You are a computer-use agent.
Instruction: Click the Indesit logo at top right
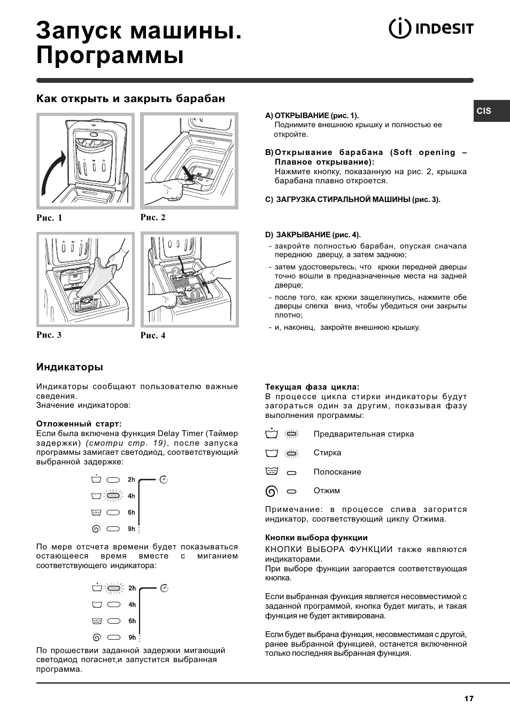click(x=431, y=28)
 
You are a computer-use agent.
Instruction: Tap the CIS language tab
click(x=485, y=111)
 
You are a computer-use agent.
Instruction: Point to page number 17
click(x=469, y=698)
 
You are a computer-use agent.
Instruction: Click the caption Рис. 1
click(x=49, y=218)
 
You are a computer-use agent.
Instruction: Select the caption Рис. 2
click(x=153, y=217)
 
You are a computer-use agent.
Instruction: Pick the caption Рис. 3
click(x=49, y=335)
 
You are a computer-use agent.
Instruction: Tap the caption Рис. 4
click(x=153, y=336)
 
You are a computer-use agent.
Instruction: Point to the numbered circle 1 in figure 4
click(x=194, y=294)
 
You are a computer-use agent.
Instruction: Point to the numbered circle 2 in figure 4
click(x=175, y=271)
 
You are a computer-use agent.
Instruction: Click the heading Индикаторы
click(x=69, y=367)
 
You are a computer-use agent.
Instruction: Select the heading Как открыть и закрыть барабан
click(x=130, y=99)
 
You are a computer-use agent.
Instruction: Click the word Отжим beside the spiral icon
click(x=327, y=491)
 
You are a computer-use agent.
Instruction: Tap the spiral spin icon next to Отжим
click(x=272, y=491)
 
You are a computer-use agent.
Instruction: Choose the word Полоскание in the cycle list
click(x=337, y=472)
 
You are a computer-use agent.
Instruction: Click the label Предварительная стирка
click(x=364, y=434)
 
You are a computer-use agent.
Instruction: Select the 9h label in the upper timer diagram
click(x=132, y=529)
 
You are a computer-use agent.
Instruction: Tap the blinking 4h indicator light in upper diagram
click(x=113, y=496)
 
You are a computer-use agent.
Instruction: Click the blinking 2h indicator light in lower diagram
click(x=113, y=588)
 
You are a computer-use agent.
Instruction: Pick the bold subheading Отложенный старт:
click(x=79, y=424)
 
